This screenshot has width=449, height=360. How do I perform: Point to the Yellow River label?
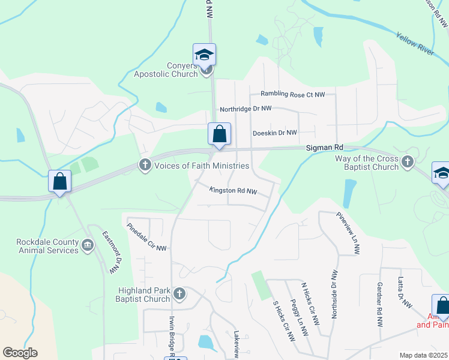pos(415,44)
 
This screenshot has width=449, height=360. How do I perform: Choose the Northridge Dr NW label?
pos(246,109)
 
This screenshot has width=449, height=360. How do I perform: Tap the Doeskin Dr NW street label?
pos(275,133)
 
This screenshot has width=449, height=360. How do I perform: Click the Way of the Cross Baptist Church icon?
pos(408,161)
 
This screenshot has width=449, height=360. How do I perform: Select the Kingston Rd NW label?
pos(234,191)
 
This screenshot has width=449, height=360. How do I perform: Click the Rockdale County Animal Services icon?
pos(88,244)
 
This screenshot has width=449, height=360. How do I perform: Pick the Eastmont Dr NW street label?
pos(109,253)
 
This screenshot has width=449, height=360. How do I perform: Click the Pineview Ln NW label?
pos(348,233)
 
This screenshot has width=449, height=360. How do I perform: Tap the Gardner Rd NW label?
pos(379,304)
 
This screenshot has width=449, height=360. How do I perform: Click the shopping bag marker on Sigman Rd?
pos(219,134)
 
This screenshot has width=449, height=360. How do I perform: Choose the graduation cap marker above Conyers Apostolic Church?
pos(204,55)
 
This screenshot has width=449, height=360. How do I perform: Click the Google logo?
pos(20,353)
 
